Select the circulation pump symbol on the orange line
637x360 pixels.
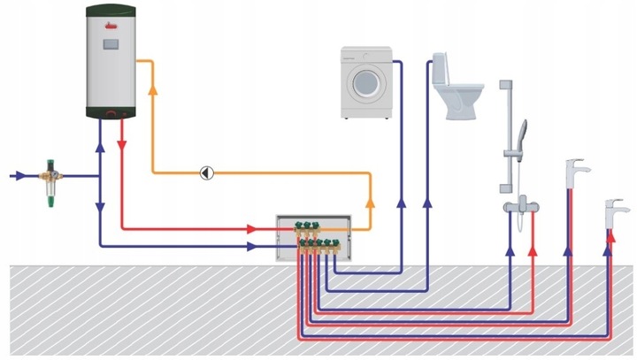pos(206,172)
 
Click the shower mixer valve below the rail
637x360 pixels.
pos(520,204)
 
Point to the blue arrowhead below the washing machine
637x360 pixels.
pos(400,203)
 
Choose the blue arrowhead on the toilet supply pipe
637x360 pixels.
pos(427,203)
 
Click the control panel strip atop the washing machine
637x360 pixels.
pos(366,54)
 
